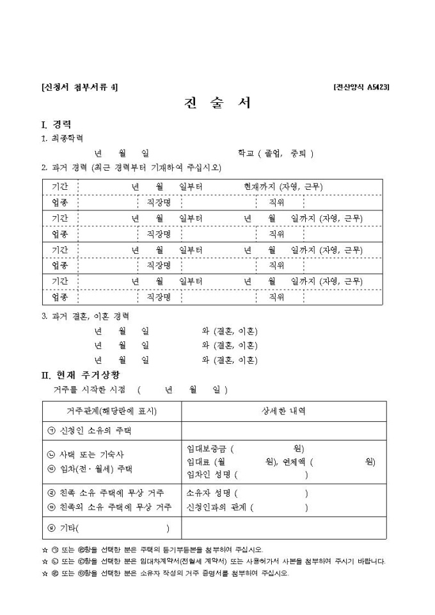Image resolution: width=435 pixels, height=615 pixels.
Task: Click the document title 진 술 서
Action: pyautogui.click(x=217, y=103)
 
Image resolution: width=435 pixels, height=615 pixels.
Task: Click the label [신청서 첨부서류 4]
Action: pyautogui.click(x=79, y=87)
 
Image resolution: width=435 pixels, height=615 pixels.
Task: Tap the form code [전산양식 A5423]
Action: pyautogui.click(x=361, y=87)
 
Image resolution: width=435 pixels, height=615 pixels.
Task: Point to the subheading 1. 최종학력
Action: pyautogui.click(x=62, y=138)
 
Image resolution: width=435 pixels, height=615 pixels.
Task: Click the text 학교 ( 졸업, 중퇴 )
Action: pyautogui.click(x=275, y=153)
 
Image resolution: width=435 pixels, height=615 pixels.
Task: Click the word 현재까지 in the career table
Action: pyautogui.click(x=260, y=187)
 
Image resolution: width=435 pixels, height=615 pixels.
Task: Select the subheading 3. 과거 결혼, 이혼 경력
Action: pyautogui.click(x=85, y=316)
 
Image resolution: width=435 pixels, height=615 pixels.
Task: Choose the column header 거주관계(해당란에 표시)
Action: pyautogui.click(x=112, y=411)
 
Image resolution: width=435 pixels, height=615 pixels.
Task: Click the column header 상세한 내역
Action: pyautogui.click(x=284, y=411)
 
